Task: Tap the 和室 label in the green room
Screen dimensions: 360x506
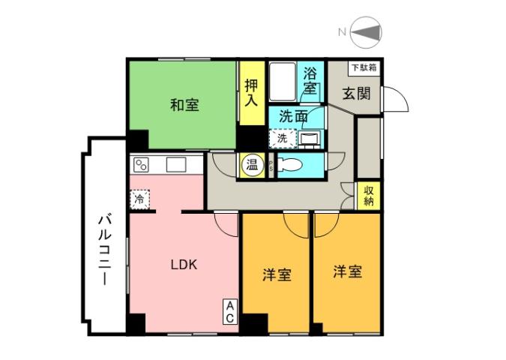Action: (x=184, y=105)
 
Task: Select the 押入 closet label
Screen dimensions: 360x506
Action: (x=251, y=93)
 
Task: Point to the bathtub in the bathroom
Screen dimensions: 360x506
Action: (x=283, y=83)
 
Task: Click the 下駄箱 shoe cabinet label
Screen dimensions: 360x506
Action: (x=364, y=67)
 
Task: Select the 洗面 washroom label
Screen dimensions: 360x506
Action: (x=293, y=116)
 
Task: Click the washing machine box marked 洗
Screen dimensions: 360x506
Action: (x=282, y=139)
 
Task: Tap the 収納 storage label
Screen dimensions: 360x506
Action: (x=369, y=196)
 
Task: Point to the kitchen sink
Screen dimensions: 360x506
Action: (x=176, y=164)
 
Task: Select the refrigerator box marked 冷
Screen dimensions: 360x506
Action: (x=139, y=199)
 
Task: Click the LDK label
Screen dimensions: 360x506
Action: (x=183, y=264)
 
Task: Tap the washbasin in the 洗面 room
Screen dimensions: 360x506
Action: (x=309, y=139)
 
